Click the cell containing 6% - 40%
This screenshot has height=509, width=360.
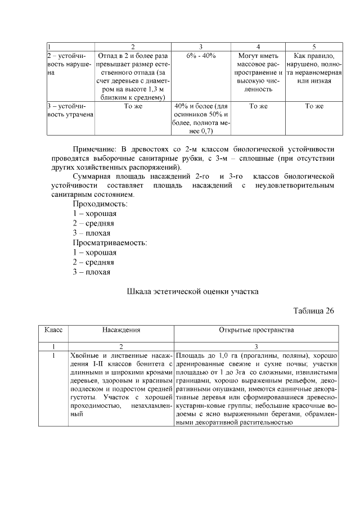click(201, 56)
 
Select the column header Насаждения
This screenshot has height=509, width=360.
click(121, 330)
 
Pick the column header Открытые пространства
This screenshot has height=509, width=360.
click(256, 330)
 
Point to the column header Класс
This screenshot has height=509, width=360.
click(53, 330)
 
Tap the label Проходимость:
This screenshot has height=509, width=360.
click(100, 204)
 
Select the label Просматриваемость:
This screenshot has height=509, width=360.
click(109, 243)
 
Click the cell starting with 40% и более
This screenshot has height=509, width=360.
click(201, 119)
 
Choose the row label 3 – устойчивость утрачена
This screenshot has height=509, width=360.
click(69, 110)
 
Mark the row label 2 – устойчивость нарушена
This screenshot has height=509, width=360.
click(69, 65)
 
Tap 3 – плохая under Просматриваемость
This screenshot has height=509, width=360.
click(91, 272)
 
